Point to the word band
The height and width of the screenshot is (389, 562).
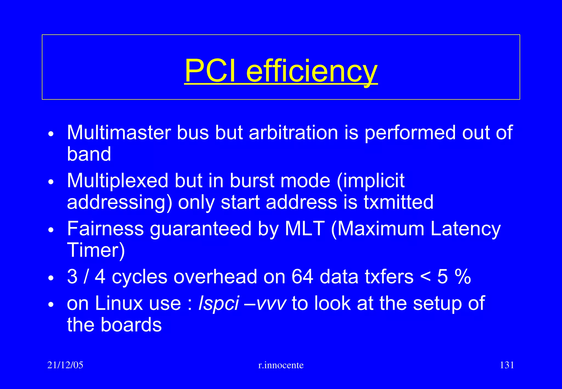point(89,154)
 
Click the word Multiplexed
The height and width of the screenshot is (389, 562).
point(117,181)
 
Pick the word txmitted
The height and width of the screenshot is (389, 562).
point(398,202)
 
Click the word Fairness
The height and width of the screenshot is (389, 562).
point(105,229)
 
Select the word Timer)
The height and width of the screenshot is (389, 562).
point(96,250)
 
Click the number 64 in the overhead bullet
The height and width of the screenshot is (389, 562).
point(302,277)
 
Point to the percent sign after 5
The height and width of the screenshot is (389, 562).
point(463,277)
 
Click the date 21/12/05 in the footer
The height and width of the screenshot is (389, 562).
point(65,365)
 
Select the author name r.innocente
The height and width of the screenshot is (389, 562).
point(281,365)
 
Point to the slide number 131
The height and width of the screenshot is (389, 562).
point(507,365)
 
